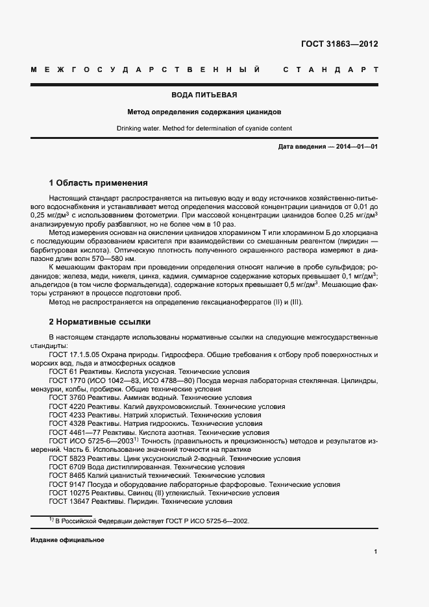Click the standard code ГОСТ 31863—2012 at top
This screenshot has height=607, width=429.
tap(340, 45)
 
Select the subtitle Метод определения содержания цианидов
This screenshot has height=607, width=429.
tap(214, 112)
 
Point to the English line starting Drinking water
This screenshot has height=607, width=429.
tap(214, 128)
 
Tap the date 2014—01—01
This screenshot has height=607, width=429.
tap(356, 147)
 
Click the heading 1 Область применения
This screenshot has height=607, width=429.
tap(99, 182)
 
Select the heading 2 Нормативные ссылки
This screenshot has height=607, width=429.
tap(100, 321)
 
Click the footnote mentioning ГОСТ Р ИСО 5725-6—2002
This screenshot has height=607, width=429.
tap(152, 521)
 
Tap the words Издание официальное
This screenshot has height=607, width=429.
tap(67, 539)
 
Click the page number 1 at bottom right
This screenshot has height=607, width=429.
tap(376, 552)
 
